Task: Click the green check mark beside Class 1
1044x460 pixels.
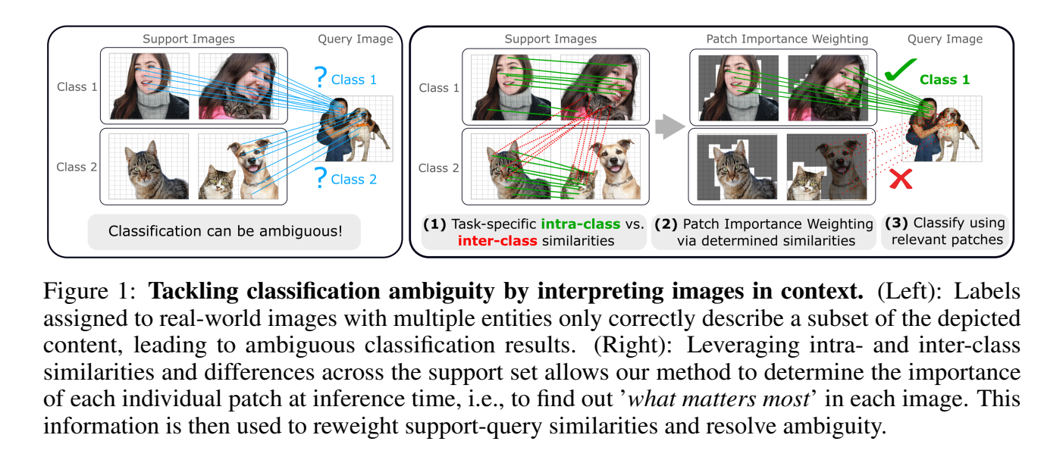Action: [898, 70]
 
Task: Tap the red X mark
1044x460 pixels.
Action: [901, 179]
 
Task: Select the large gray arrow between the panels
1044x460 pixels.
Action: [669, 126]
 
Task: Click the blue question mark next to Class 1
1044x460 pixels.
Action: [320, 77]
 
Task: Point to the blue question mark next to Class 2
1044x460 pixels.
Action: [320, 177]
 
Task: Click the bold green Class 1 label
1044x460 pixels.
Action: [944, 80]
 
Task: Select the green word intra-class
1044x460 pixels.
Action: [580, 224]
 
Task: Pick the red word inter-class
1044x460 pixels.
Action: [497, 241]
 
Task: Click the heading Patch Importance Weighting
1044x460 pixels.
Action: [787, 39]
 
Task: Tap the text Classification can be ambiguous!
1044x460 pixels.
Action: [225, 231]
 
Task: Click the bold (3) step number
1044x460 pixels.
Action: [896, 224]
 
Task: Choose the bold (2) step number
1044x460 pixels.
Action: [666, 224]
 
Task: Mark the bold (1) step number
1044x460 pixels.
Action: [435, 224]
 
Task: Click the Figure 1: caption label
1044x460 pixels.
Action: [89, 292]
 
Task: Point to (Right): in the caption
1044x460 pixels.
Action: [632, 346]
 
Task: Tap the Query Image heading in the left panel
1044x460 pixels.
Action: [355, 39]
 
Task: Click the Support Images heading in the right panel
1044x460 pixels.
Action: [550, 39]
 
